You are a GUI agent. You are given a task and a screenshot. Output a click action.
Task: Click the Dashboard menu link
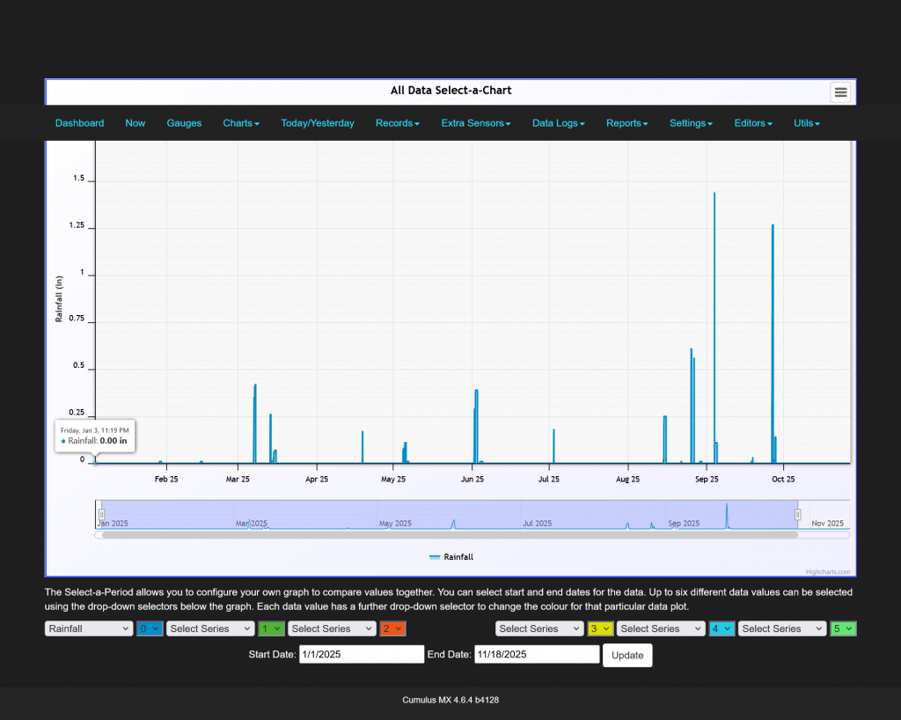(79, 123)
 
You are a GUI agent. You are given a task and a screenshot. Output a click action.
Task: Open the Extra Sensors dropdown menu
(475, 123)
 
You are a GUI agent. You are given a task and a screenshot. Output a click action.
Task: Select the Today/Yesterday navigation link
(318, 123)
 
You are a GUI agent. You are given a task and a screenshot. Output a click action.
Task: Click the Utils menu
(806, 123)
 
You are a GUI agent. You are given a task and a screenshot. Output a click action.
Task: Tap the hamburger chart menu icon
(840, 92)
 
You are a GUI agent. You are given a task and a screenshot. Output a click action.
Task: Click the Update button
(627, 655)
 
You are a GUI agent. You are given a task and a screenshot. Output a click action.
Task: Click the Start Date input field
(362, 655)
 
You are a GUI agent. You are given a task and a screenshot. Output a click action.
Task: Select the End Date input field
(537, 655)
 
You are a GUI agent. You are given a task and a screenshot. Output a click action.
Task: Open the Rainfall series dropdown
(88, 628)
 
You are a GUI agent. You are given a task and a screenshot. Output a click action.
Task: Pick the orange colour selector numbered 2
(392, 628)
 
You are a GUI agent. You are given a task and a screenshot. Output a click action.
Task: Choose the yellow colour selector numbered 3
(600, 628)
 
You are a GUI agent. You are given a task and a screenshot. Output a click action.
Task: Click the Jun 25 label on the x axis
(472, 480)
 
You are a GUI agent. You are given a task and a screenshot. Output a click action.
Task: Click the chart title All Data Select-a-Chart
(450, 91)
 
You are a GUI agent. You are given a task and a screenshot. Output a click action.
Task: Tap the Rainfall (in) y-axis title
(60, 299)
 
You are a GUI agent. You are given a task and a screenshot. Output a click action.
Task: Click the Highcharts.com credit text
(832, 571)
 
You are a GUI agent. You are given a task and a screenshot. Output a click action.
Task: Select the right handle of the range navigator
(798, 514)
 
